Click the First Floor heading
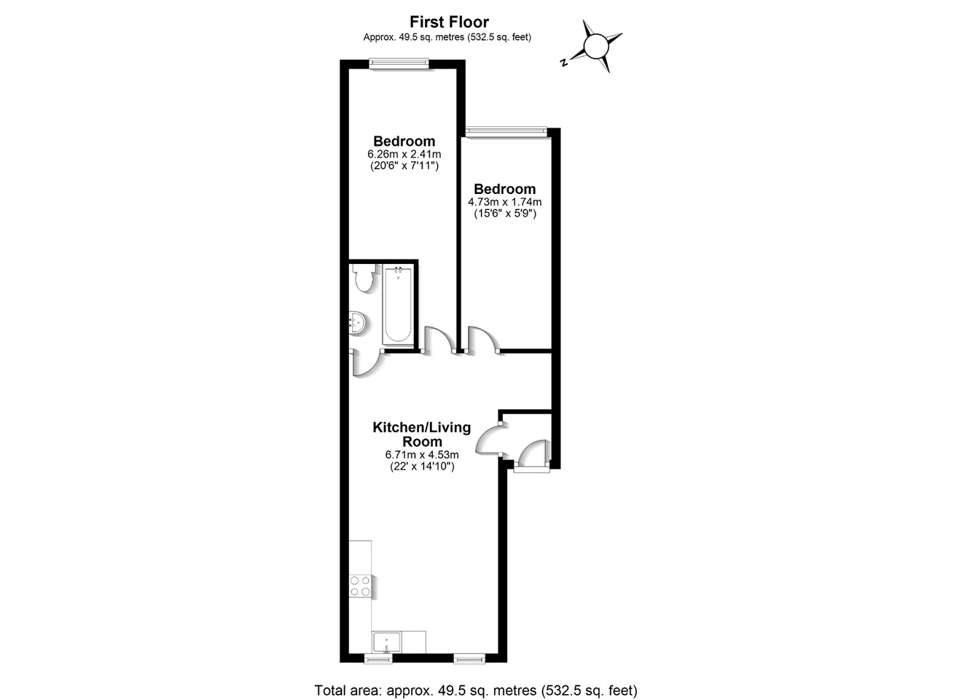coord(449,22)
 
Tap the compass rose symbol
coord(596,46)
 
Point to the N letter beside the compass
coord(563,63)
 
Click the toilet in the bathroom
coord(363,278)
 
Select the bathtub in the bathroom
coord(398,305)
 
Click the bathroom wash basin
coord(357,322)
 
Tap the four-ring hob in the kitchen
coord(360,586)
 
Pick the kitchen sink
coord(386,642)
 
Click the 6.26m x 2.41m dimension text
coord(404,155)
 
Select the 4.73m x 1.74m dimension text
coord(504,202)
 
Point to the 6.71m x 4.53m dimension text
coord(422,454)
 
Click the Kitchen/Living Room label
coord(422,434)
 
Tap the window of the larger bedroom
coord(398,63)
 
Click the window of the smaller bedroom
coord(506,131)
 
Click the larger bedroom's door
coord(438,340)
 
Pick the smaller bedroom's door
coord(482,340)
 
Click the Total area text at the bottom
coord(475,690)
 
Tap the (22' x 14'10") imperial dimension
coord(422,467)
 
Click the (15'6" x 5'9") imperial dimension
coord(504,214)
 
